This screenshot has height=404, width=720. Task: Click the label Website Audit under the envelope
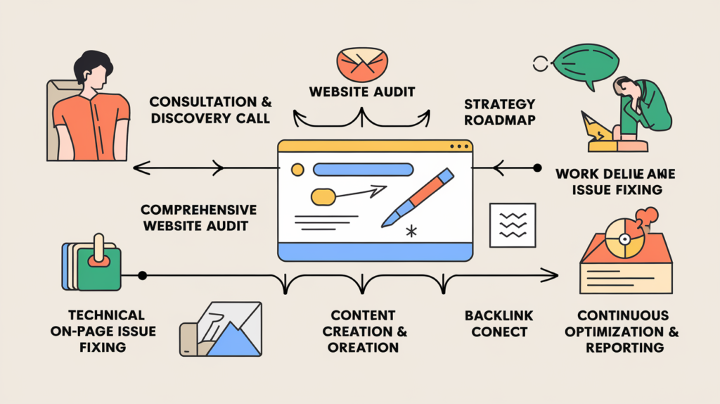coord(361,91)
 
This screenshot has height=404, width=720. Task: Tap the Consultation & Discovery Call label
coord(210,110)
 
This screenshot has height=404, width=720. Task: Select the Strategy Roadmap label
coord(499,112)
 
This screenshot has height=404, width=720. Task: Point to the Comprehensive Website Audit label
coord(198,218)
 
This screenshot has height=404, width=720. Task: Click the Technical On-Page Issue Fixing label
coord(98,331)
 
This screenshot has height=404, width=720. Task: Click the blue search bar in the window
coord(362,170)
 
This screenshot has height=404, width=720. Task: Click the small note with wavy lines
coord(513,225)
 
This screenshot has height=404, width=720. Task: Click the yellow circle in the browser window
coord(297,170)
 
